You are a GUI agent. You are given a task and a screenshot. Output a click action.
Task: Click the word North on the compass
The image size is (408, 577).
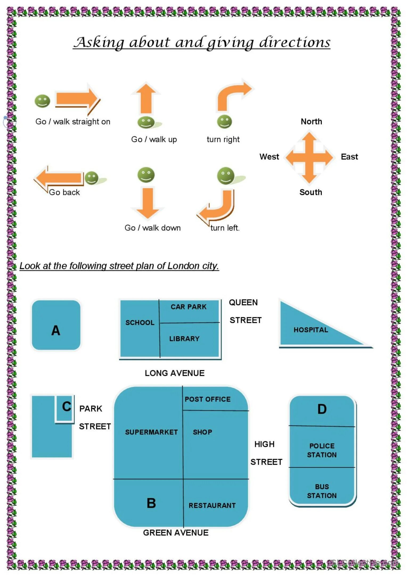(311, 122)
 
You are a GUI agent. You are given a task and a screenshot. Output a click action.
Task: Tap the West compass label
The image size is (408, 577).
(269, 157)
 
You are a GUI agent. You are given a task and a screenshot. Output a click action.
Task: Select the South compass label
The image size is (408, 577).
(311, 192)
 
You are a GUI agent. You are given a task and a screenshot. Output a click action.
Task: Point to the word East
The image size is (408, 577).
(349, 157)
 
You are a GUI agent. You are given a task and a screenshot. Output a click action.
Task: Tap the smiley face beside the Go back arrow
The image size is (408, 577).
(92, 178)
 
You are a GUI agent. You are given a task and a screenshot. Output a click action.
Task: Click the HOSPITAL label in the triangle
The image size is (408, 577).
(311, 330)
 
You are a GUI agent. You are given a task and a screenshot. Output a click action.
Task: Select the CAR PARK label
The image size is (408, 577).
(188, 307)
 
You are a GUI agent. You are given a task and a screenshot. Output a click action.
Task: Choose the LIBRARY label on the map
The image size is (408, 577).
(184, 339)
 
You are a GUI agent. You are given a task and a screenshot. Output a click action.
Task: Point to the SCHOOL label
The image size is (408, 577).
(140, 323)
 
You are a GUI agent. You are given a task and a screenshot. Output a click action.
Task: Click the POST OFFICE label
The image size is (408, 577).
(207, 399)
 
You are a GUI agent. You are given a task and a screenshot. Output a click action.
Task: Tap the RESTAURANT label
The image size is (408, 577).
(212, 505)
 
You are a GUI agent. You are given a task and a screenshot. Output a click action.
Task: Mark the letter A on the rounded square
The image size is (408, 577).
(56, 331)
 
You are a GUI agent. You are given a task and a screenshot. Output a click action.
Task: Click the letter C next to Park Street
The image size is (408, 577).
(67, 407)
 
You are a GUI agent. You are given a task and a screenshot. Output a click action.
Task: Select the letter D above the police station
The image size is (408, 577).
(322, 409)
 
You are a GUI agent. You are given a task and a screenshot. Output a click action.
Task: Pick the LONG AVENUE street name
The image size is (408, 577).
(174, 373)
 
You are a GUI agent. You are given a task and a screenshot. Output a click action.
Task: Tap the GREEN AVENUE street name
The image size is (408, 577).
(176, 533)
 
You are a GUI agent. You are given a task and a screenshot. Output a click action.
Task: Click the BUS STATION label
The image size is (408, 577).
(322, 491)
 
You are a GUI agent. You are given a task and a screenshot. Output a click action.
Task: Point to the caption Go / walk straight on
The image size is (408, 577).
(73, 122)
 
